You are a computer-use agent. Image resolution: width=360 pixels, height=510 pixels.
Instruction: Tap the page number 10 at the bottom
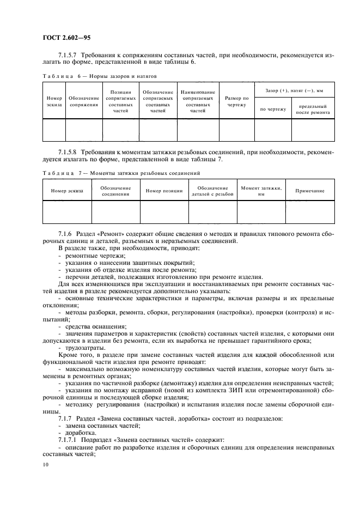click(x=46, y=464)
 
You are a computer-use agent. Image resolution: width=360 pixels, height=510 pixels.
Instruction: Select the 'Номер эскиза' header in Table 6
click(x=54, y=100)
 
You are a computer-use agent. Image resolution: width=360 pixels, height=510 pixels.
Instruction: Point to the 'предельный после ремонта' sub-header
click(x=312, y=109)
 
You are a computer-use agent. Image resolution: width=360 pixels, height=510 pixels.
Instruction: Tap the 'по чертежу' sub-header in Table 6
click(x=273, y=109)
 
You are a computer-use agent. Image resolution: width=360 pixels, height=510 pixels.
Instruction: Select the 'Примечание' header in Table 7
click(x=310, y=191)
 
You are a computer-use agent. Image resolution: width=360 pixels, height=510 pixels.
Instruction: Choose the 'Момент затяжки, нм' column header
click(x=261, y=190)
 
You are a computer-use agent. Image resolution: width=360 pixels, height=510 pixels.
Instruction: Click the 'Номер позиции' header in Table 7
click(x=164, y=191)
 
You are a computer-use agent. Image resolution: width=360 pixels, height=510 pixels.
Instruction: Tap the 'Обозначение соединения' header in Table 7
click(x=115, y=190)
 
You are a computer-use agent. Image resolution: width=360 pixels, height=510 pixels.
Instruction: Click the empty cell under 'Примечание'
click(x=310, y=211)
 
